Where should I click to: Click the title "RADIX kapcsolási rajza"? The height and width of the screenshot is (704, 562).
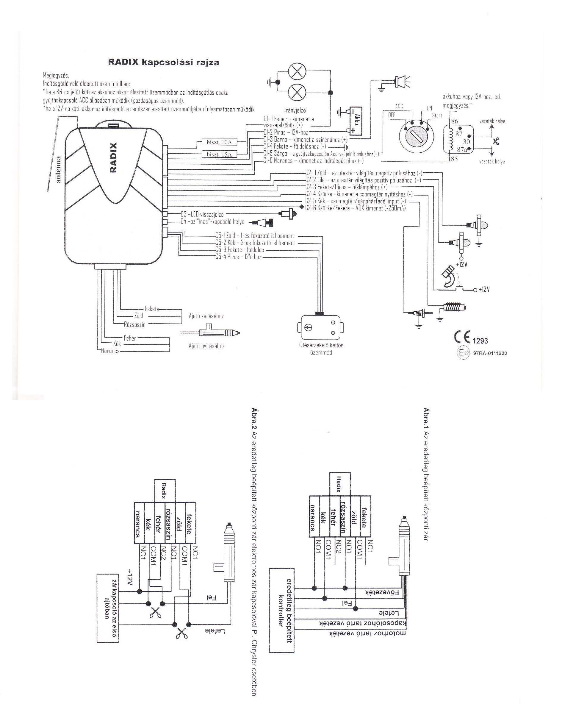[x=164, y=63]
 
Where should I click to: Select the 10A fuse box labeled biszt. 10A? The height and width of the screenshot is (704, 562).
[x=219, y=142]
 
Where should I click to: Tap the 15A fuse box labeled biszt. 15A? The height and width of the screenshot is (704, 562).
[x=219, y=154]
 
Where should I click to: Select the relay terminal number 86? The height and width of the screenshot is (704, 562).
[x=454, y=121]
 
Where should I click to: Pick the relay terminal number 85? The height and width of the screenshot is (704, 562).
[x=454, y=159]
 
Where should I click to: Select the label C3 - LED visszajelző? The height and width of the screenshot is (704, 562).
[x=202, y=214]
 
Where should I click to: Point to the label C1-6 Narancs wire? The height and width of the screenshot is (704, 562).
[x=314, y=161]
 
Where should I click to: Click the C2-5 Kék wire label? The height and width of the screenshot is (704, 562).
[x=356, y=201]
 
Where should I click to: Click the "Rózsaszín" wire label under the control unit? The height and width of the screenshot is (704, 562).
[x=135, y=324]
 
